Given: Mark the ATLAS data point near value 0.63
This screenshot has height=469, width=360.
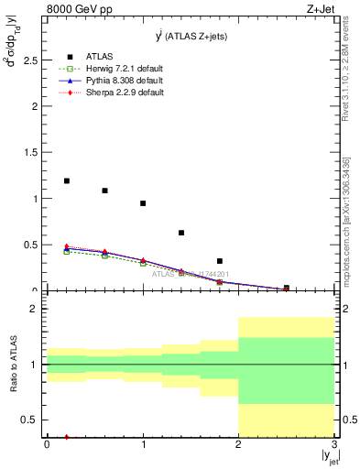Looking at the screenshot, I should pos(181,233).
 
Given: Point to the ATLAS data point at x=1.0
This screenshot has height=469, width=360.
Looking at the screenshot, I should pos(143,203).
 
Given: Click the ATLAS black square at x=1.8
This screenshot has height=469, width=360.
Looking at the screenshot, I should pos(220,261).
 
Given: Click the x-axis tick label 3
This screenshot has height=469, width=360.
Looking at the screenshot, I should pos(334,445).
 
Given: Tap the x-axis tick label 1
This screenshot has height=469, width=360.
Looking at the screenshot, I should pos(143,445).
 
